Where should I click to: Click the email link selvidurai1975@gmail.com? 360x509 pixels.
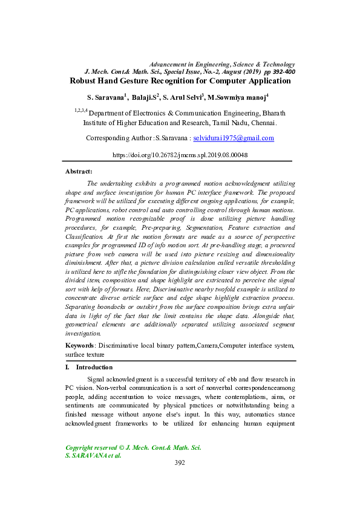(234, 138)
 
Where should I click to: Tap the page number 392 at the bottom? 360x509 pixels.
(180, 463)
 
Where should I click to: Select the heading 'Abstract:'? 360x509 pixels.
(79, 172)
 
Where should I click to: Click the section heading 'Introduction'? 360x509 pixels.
(94, 367)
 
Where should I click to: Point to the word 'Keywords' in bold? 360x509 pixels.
(80, 345)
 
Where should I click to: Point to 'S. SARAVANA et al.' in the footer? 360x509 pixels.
(93, 455)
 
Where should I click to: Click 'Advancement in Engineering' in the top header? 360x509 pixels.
(188, 64)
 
